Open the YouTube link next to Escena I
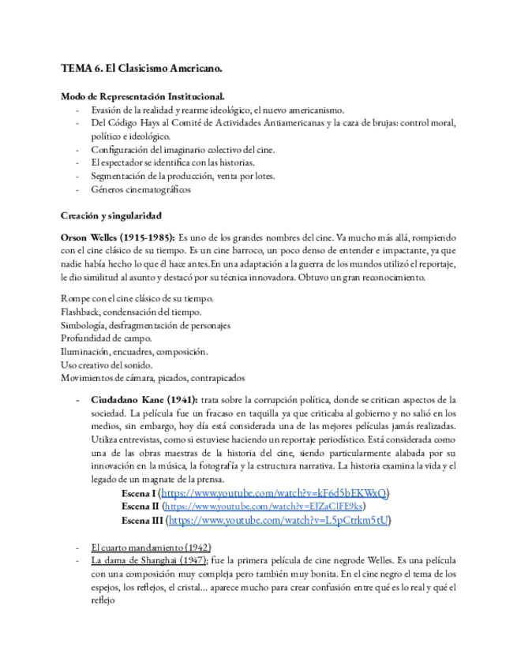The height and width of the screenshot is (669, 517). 274,493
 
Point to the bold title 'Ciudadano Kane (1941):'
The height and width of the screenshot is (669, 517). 144,399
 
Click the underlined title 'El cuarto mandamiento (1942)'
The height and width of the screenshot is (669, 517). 151,547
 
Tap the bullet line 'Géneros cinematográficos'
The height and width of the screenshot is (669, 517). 140,189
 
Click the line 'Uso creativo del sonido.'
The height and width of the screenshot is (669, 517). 107,364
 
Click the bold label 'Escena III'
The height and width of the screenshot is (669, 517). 144,521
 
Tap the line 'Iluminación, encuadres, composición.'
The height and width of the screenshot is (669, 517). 134,351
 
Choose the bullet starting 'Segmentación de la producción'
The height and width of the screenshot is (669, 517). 183,176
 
